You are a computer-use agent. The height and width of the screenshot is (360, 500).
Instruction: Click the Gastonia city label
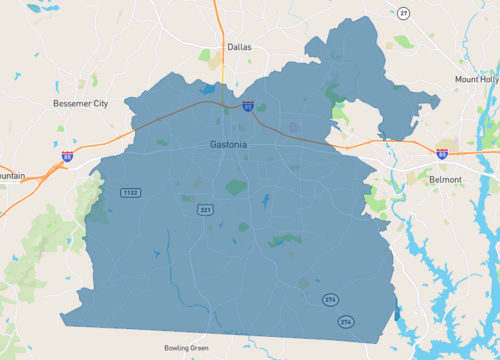pyautogui.click(x=229, y=144)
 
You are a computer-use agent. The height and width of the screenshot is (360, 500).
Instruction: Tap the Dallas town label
pyautogui.click(x=238, y=47)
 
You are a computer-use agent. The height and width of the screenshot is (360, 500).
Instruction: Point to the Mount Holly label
pyautogui.click(x=476, y=79)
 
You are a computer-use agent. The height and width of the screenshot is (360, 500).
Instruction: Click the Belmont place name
pyautogui.click(x=445, y=179)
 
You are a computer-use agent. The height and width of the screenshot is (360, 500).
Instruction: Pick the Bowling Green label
pyautogui.click(x=188, y=348)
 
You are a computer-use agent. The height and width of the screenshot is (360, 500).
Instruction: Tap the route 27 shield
pyautogui.click(x=403, y=12)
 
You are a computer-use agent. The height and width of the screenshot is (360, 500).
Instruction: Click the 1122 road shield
pyautogui.click(x=130, y=192)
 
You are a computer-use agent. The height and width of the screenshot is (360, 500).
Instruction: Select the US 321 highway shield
pyautogui.click(x=205, y=210)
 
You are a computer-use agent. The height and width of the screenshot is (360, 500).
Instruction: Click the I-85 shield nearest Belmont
pyautogui.click(x=442, y=154)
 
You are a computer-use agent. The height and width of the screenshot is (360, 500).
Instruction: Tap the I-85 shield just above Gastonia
pyautogui.click(x=246, y=105)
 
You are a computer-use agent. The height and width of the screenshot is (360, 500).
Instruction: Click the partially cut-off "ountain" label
pyautogui.click(x=12, y=176)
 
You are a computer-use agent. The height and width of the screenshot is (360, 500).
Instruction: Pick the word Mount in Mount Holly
pyautogui.click(x=465, y=79)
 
